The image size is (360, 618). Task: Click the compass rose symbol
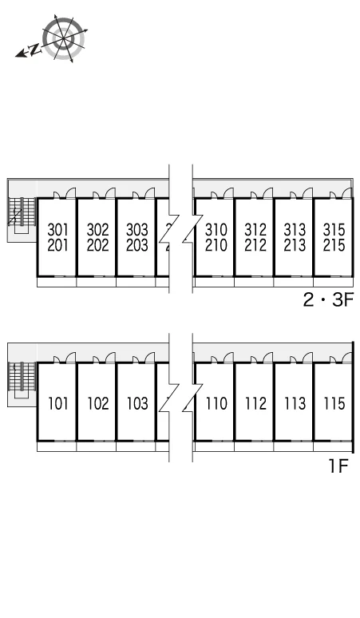[x=63, y=38]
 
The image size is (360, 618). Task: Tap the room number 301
[x=58, y=229]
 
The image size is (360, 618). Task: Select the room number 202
[x=97, y=245]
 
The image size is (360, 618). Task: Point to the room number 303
[x=137, y=229]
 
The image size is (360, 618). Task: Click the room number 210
[x=216, y=245]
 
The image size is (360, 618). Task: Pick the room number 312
[x=255, y=229]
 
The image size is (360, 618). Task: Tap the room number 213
[x=295, y=245]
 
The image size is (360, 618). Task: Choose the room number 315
[x=334, y=229]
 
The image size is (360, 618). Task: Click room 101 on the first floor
[x=58, y=403]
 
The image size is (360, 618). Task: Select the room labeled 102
[x=97, y=403]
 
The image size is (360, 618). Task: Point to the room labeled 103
[x=137, y=403]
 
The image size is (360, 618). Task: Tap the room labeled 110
[x=216, y=403]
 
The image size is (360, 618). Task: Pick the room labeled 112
[x=255, y=403]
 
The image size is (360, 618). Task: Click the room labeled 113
[x=295, y=403]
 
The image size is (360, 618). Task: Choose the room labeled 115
[x=334, y=403]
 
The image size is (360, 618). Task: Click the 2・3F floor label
[x=328, y=300]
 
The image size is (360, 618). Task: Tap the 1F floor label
[x=338, y=466]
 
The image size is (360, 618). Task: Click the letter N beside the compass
[x=35, y=50]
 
